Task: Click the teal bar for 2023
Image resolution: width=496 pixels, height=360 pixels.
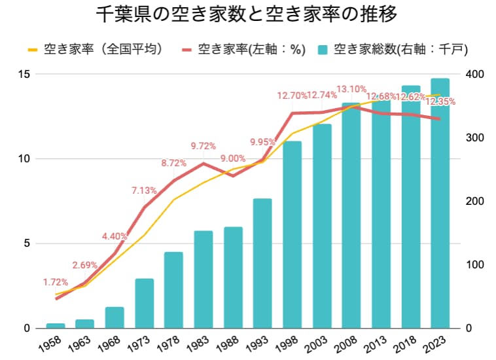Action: click(440, 203)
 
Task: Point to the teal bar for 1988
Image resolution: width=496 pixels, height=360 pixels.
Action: click(233, 278)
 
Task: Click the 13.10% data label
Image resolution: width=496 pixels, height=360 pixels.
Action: click(351, 89)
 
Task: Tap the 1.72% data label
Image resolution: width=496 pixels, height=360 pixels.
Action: click(56, 282)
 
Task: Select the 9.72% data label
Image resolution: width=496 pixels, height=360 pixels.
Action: click(204, 145)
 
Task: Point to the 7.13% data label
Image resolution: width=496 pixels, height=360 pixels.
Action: click(144, 190)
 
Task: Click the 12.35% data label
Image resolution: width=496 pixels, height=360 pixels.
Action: click(440, 102)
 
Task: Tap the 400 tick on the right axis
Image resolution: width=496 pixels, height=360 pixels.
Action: click(474, 74)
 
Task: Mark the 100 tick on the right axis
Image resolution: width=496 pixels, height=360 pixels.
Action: click(474, 264)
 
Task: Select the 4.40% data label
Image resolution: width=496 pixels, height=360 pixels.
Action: click(115, 236)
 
